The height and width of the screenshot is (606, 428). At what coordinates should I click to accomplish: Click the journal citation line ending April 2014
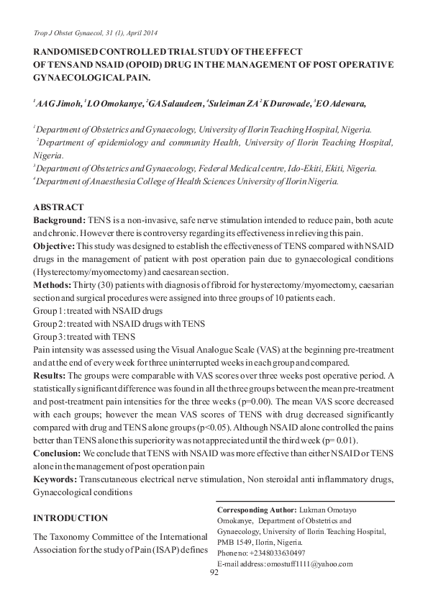pyautogui.click(x=96, y=33)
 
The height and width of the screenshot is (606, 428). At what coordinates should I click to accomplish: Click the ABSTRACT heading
pyautogui.click(x=59, y=207)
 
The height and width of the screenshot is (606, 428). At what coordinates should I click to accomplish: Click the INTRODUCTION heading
pyautogui.click(x=71, y=517)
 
